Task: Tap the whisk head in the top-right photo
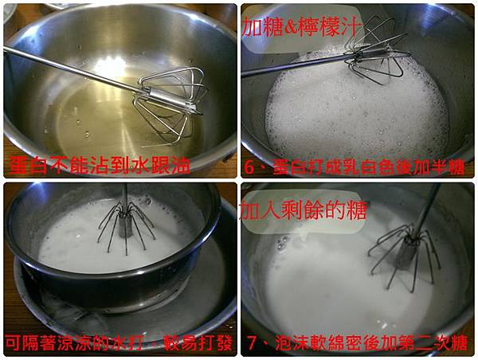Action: click(x=377, y=52)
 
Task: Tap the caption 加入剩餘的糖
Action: click(x=304, y=210)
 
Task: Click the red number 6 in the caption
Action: click(x=249, y=168)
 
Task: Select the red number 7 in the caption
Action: click(x=252, y=343)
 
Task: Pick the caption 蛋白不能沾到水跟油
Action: click(x=99, y=166)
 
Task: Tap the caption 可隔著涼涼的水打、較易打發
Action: click(x=119, y=343)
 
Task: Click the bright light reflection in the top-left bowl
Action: click(x=111, y=66)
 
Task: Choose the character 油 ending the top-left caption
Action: click(x=181, y=166)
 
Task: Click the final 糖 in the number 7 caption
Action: click(x=460, y=343)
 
